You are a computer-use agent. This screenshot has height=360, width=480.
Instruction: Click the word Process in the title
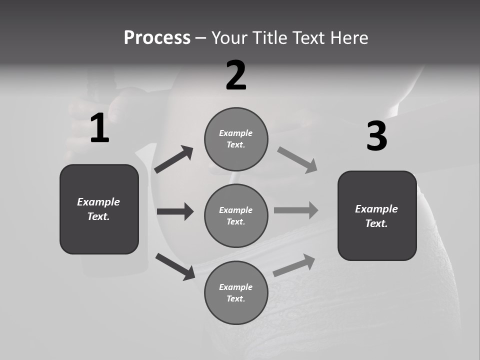tap(157, 38)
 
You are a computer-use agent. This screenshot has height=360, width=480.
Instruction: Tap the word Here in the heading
tap(348, 38)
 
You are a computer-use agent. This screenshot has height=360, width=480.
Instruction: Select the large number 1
tap(99, 129)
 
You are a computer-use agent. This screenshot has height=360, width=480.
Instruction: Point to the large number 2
tap(236, 75)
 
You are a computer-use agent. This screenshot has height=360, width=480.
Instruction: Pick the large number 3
tap(376, 136)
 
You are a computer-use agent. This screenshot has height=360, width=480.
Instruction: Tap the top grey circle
tap(236, 139)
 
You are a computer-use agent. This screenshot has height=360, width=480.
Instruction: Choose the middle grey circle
tap(236, 215)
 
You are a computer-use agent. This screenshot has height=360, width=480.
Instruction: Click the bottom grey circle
tap(236, 292)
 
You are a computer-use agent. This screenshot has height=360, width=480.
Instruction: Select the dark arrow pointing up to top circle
tap(174, 159)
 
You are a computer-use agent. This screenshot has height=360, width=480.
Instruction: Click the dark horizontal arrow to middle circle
tap(175, 211)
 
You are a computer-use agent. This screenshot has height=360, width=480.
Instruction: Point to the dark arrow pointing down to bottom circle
tap(175, 266)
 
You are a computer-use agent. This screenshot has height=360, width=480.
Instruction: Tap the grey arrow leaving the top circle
tap(297, 160)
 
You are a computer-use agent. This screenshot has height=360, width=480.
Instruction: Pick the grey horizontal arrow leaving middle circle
tap(296, 210)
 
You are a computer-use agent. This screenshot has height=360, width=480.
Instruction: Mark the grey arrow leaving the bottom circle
tap(294, 265)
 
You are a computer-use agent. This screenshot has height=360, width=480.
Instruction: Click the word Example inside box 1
tap(98, 202)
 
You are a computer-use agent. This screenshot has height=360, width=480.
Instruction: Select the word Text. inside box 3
tap(376, 223)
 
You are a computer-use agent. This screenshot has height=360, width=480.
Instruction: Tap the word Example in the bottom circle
tap(236, 287)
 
